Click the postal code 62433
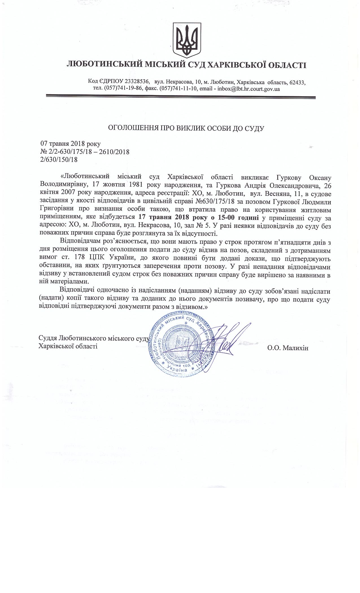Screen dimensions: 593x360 click(297, 82)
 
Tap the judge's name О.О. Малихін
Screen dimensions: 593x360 click(288, 348)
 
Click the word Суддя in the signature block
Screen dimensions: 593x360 click(47, 338)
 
